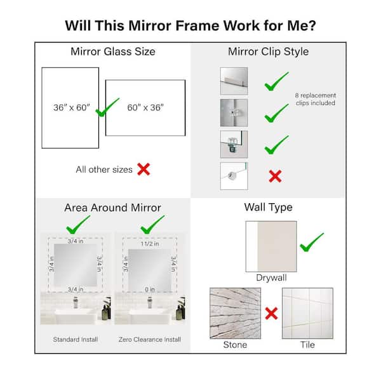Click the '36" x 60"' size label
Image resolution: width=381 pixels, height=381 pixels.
72,107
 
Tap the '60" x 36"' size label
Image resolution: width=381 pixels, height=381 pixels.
145,107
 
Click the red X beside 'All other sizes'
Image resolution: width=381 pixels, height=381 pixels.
144,169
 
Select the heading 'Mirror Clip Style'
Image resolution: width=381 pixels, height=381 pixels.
268,51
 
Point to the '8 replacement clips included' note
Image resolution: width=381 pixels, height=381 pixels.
316,99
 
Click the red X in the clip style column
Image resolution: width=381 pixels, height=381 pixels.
275,176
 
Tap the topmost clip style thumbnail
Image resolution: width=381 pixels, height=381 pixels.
234,81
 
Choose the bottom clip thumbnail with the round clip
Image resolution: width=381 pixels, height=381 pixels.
234,176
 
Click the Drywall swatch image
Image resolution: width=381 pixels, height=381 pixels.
271,246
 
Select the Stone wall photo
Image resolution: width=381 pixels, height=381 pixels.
235,314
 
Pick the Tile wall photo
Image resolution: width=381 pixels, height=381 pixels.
307,314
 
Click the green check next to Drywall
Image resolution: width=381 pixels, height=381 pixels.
312,243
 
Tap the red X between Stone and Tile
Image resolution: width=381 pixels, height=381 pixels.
271,314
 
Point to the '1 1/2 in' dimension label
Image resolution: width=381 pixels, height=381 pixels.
150,244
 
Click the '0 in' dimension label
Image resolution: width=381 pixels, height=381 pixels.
150,290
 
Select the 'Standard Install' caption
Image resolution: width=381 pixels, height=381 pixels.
76,340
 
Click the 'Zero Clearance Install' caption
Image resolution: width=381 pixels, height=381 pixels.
150,340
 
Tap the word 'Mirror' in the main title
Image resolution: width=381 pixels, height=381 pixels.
150,26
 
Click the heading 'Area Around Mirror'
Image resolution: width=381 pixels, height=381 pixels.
113,208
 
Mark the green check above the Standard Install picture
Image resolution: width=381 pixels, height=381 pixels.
78,225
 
